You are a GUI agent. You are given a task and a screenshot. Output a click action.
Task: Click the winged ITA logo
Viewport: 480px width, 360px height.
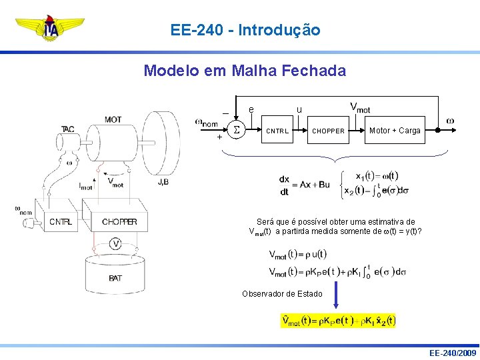[x=49, y=27]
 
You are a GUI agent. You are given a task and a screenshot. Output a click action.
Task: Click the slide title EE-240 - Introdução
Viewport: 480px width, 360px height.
[x=245, y=30]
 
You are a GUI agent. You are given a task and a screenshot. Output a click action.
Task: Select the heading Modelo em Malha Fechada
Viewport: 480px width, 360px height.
[x=245, y=71]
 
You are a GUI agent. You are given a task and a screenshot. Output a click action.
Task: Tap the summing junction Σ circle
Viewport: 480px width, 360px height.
[x=236, y=130]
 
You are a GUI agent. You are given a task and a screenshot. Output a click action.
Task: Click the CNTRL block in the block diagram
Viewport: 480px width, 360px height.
[x=277, y=131]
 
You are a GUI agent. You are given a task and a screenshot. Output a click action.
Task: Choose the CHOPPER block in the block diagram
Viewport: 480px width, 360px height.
[x=329, y=131]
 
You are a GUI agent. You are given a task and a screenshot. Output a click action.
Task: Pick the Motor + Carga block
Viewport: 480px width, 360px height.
[x=395, y=130]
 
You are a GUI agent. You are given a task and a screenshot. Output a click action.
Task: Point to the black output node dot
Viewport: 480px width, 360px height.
[x=437, y=130]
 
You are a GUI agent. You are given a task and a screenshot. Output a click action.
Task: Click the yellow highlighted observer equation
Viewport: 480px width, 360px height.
[x=339, y=321]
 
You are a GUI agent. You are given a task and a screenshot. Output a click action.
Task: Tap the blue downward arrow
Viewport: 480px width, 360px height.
[x=337, y=295]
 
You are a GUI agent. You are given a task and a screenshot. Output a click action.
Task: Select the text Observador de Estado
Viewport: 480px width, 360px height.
[x=283, y=294]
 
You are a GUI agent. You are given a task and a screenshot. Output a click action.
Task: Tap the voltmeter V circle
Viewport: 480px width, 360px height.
[x=116, y=244]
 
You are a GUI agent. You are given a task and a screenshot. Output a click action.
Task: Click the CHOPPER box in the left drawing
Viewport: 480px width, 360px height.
[x=119, y=221]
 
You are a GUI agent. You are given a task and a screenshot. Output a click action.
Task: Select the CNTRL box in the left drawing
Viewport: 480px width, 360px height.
[x=61, y=221]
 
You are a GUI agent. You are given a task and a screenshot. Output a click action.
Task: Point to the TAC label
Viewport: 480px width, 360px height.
[x=68, y=129]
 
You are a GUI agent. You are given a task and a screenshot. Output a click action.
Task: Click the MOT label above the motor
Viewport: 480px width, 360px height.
[x=113, y=119]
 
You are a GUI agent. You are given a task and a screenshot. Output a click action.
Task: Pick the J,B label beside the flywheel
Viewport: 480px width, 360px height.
[x=164, y=181]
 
